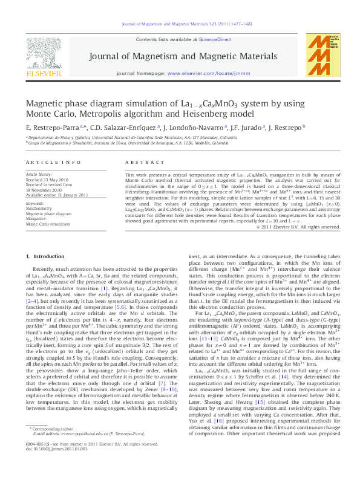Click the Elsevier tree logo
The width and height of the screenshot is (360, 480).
click(x=43, y=52)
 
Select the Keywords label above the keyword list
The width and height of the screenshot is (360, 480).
click(x=35, y=204)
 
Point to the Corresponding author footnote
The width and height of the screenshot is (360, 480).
click(x=51, y=444)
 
